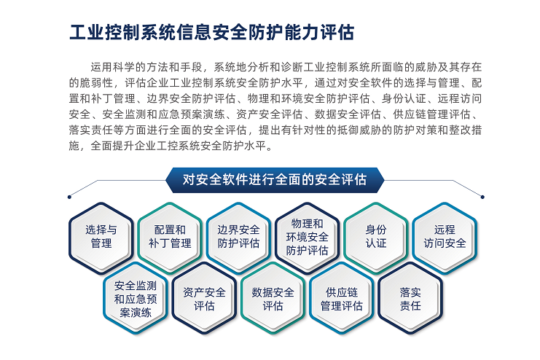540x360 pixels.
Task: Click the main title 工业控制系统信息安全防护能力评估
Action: point(211,32)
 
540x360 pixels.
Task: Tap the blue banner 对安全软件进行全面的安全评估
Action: point(275,180)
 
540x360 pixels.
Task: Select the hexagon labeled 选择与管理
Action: point(101,238)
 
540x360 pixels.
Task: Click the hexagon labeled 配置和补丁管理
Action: point(170,238)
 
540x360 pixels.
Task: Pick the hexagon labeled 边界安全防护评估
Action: point(238,238)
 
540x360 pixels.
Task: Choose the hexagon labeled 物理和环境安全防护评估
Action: point(308,238)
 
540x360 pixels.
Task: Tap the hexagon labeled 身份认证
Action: point(376,238)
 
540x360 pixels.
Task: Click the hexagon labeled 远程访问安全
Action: point(445,238)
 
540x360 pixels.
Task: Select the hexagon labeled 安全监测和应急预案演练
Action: point(136,298)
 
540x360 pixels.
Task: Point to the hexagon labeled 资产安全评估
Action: point(204,298)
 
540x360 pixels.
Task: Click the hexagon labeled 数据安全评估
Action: point(273,298)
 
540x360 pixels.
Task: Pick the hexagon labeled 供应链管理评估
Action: point(342,298)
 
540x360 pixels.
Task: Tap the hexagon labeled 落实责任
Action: point(410,298)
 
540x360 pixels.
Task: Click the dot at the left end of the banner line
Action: point(69,197)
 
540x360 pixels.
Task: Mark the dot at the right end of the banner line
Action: point(482,197)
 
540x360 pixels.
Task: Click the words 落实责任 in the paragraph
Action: point(91,130)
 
